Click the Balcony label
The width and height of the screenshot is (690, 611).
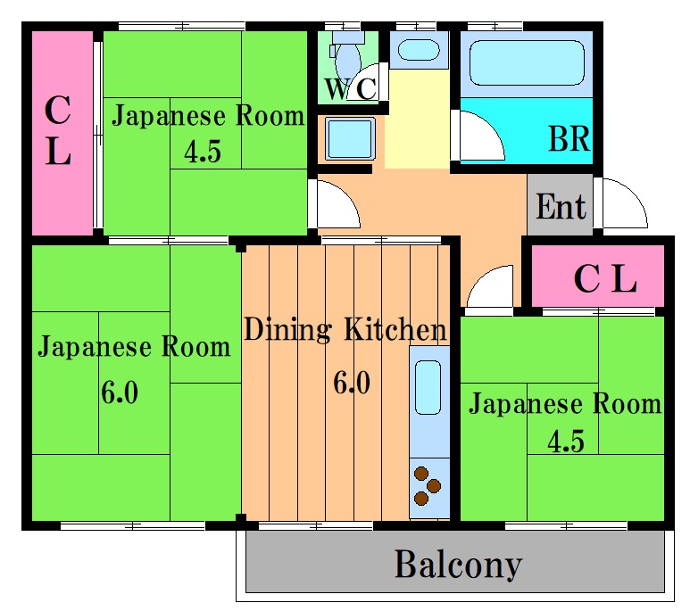click(x=457, y=565)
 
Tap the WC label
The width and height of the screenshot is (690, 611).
click(x=350, y=89)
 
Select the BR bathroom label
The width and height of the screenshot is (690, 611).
click(x=569, y=140)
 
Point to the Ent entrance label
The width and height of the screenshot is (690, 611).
click(x=561, y=207)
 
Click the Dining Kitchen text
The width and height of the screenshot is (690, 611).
click(x=345, y=330)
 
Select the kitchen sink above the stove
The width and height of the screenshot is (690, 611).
click(x=428, y=387)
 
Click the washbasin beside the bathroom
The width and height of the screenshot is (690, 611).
click(x=417, y=48)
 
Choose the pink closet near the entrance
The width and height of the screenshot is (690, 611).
click(x=604, y=278)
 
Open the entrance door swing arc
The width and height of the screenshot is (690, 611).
click(x=623, y=203)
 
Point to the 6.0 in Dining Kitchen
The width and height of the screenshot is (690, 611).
click(x=351, y=384)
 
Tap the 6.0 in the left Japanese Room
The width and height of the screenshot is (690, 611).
click(x=119, y=392)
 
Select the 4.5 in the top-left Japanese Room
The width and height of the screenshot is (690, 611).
click(x=202, y=153)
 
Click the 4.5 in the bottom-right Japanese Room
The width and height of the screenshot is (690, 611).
click(x=566, y=442)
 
